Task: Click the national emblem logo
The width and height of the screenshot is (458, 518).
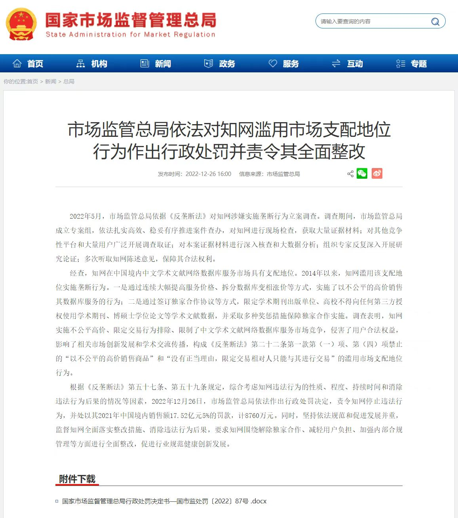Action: [x=21, y=24]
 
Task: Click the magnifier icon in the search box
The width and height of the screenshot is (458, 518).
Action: [x=435, y=22]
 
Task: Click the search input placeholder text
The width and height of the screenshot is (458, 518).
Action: [x=345, y=21]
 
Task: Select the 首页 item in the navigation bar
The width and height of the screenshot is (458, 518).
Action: [x=29, y=64]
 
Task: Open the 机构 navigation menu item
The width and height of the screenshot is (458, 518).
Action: [x=92, y=64]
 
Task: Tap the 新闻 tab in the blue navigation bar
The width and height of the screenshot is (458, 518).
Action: [x=156, y=64]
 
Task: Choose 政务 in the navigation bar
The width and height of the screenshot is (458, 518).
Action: [x=220, y=64]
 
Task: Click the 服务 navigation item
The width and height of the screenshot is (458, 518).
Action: [x=284, y=64]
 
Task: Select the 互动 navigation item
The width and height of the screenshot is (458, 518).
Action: [x=348, y=64]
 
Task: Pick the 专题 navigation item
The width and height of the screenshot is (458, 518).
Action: [x=412, y=64]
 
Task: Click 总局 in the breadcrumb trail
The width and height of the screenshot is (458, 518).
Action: [x=69, y=81]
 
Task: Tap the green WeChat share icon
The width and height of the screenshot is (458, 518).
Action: [x=362, y=174]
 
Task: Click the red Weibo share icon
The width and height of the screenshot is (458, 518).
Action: [x=377, y=174]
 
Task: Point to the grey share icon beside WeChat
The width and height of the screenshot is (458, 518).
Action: [x=350, y=174]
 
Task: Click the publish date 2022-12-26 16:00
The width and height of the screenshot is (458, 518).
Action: [x=208, y=174]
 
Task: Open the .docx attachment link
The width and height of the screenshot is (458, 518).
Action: [x=164, y=501]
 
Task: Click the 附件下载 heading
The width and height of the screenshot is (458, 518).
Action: [x=77, y=479]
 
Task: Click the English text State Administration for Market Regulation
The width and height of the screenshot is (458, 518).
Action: [x=131, y=34]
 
